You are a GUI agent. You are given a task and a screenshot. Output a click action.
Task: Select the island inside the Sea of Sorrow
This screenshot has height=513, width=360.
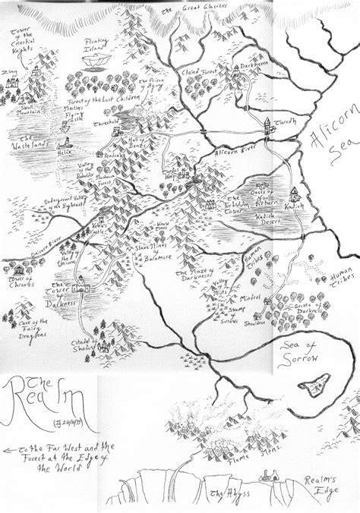click(314, 386)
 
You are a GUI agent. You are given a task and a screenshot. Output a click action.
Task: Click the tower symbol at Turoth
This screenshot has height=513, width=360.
click(268, 125)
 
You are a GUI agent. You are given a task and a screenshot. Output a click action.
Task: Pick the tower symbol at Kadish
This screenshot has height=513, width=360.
click(294, 195)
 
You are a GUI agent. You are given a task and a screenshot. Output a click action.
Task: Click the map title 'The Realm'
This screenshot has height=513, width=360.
click(46, 401)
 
